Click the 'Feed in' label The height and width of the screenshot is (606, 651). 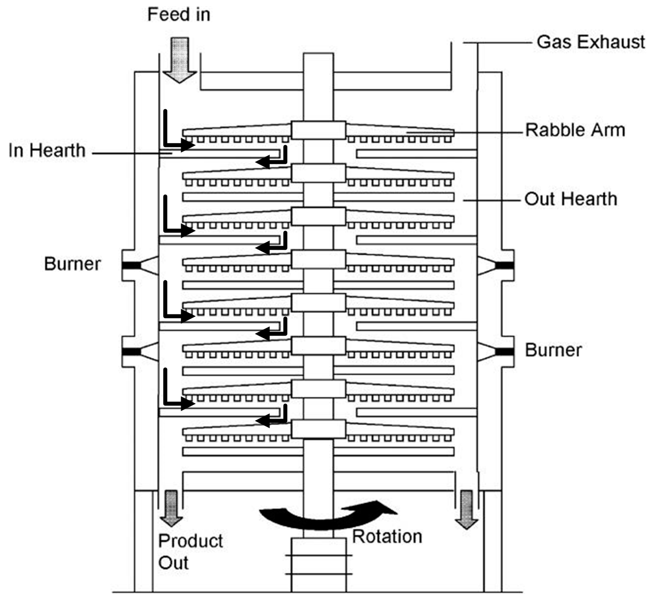click(x=178, y=15)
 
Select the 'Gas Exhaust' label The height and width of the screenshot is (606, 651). click(x=591, y=42)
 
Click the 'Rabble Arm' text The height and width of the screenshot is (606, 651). click(x=575, y=130)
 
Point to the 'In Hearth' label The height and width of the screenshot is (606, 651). click(x=47, y=151)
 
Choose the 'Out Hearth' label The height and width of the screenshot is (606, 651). click(x=570, y=199)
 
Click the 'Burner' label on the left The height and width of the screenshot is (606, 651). click(x=72, y=264)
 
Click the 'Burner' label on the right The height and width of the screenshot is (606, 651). click(x=553, y=350)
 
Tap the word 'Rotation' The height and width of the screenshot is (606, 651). click(x=387, y=537)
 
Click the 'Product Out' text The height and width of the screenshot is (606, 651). click(x=190, y=552)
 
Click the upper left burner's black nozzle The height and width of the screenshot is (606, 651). click(x=131, y=265)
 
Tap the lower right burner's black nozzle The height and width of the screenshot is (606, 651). click(x=504, y=352)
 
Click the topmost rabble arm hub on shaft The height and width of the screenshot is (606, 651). click(x=318, y=130)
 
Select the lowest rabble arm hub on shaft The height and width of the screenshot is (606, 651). click(x=318, y=429)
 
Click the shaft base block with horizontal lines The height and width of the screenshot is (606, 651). click(x=318, y=565)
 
